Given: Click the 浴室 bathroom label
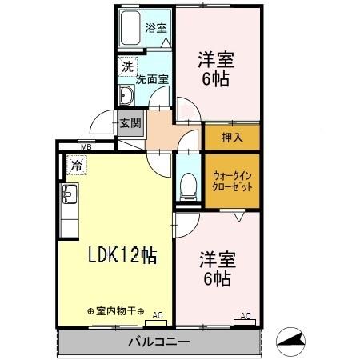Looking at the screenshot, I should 155,28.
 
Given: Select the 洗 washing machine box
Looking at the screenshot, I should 126,67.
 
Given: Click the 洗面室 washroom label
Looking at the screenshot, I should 151,79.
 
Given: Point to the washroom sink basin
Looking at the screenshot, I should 126,95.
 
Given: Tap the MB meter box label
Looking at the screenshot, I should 86,147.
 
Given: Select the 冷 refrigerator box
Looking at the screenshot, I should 76,166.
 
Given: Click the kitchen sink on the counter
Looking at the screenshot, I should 68,193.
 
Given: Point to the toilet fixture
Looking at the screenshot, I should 186,186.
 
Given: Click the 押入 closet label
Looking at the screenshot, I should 231,136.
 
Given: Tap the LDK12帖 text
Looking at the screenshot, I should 122,255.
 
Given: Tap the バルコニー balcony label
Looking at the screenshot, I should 158,342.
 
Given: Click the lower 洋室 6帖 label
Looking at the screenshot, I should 216,270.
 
